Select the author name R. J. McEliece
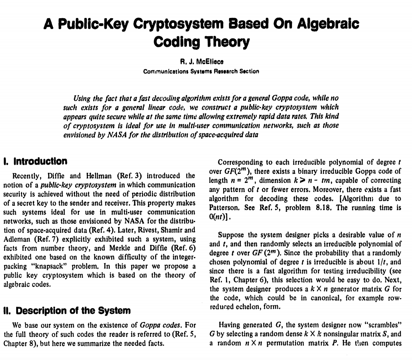(202, 62)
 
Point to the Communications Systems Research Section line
(201, 71)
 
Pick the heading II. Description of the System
(67, 311)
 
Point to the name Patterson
(224, 208)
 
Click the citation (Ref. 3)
(129, 176)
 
